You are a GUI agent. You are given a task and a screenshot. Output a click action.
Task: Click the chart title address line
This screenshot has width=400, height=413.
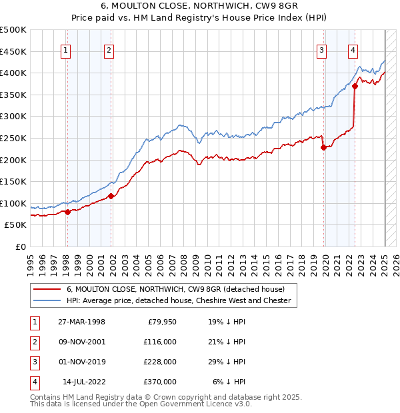point(199,7)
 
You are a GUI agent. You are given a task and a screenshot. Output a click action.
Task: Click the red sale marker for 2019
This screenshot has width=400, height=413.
point(323,148)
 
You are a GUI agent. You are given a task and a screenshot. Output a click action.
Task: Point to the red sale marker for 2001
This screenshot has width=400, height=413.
point(111,196)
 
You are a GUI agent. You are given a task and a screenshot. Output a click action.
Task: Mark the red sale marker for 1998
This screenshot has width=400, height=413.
point(67,212)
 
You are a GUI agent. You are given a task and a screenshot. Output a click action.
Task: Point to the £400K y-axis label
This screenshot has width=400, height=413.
point(13,73)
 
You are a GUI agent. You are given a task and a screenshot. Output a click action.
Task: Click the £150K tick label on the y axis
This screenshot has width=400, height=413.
point(13,181)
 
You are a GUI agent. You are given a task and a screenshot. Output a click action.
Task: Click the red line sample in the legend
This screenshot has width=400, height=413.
point(46,289)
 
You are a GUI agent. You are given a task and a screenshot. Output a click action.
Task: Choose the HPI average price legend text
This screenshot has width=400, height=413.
point(179,301)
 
